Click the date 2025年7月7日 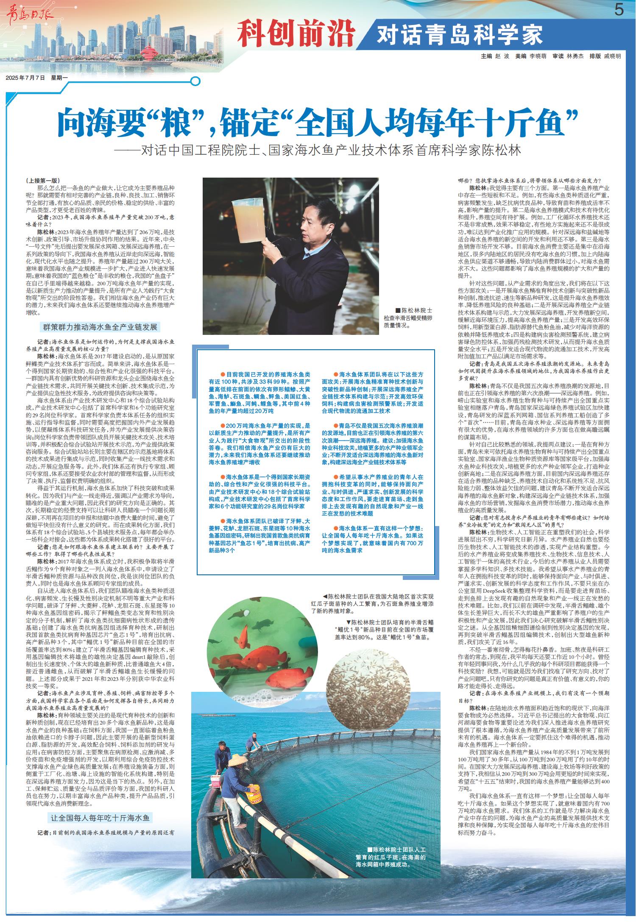pos(25,78)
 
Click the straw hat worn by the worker pos(237,762)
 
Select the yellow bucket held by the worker pos(254,790)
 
